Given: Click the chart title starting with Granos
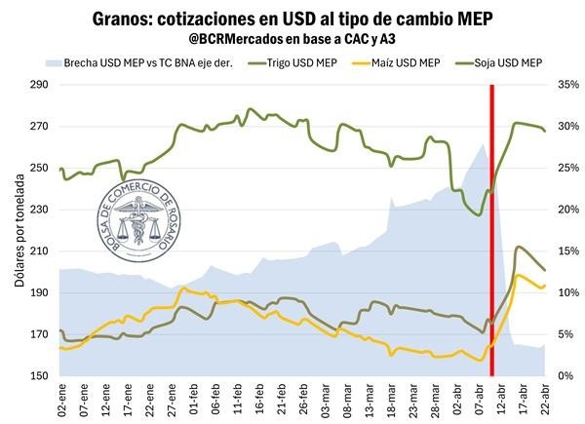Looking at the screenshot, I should tap(292, 19).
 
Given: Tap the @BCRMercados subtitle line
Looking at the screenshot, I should tap(292, 40).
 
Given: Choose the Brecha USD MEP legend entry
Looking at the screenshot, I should tap(156, 62).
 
